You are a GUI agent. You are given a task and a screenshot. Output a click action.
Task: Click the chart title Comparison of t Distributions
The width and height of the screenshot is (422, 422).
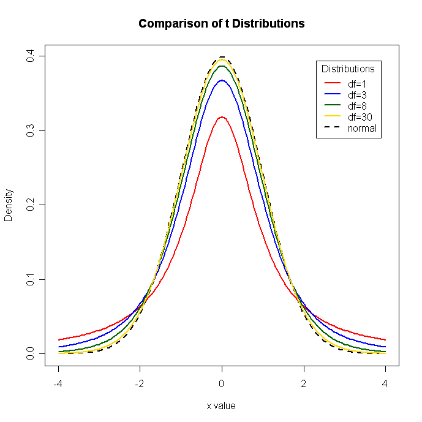coord(221,24)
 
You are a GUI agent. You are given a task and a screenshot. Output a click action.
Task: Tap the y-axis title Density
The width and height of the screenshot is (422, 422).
coord(9,205)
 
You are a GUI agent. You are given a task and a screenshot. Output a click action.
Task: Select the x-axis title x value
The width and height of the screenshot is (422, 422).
coord(221,405)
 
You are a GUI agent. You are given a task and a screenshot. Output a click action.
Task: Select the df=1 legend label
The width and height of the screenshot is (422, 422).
coord(357,84)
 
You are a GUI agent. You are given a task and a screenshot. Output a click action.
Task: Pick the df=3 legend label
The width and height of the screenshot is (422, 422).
coord(357,95)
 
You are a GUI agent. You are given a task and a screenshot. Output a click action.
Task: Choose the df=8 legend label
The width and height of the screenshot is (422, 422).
coord(357,106)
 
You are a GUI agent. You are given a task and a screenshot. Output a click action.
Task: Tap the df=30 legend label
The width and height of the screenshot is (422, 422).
coord(360,117)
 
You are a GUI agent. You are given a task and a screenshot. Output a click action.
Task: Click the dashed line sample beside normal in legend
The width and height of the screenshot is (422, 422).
coord(331,128)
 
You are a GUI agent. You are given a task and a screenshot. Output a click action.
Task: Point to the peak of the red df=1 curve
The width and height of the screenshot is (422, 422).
coord(222,117)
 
